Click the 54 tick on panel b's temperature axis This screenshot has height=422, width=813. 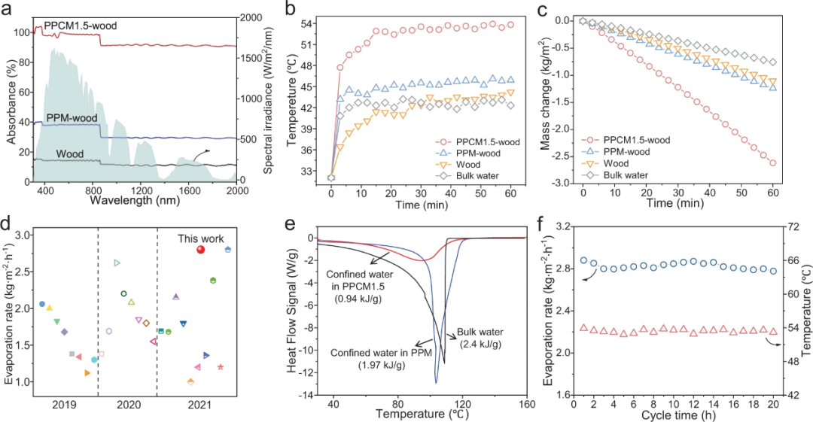coord(308,24)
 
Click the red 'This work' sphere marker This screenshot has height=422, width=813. coord(200,250)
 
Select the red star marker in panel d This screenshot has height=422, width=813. coord(221,367)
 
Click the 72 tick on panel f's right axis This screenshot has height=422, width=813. coord(788,226)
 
